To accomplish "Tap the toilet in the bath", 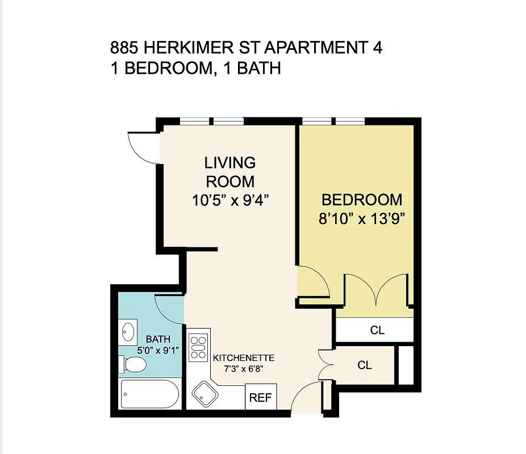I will coord(132,364).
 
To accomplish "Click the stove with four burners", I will coord(198,347).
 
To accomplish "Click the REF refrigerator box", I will coord(261,398).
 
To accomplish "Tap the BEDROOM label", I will coord(361,200).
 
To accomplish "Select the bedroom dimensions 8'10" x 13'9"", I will coord(361,219).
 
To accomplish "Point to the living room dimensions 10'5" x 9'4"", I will coord(230,200).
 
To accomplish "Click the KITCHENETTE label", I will coord(244,358).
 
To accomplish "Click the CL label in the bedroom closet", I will coord(377,330).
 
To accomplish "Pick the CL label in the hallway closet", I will coord(365,365).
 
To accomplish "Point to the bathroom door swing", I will coord(168,310).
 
